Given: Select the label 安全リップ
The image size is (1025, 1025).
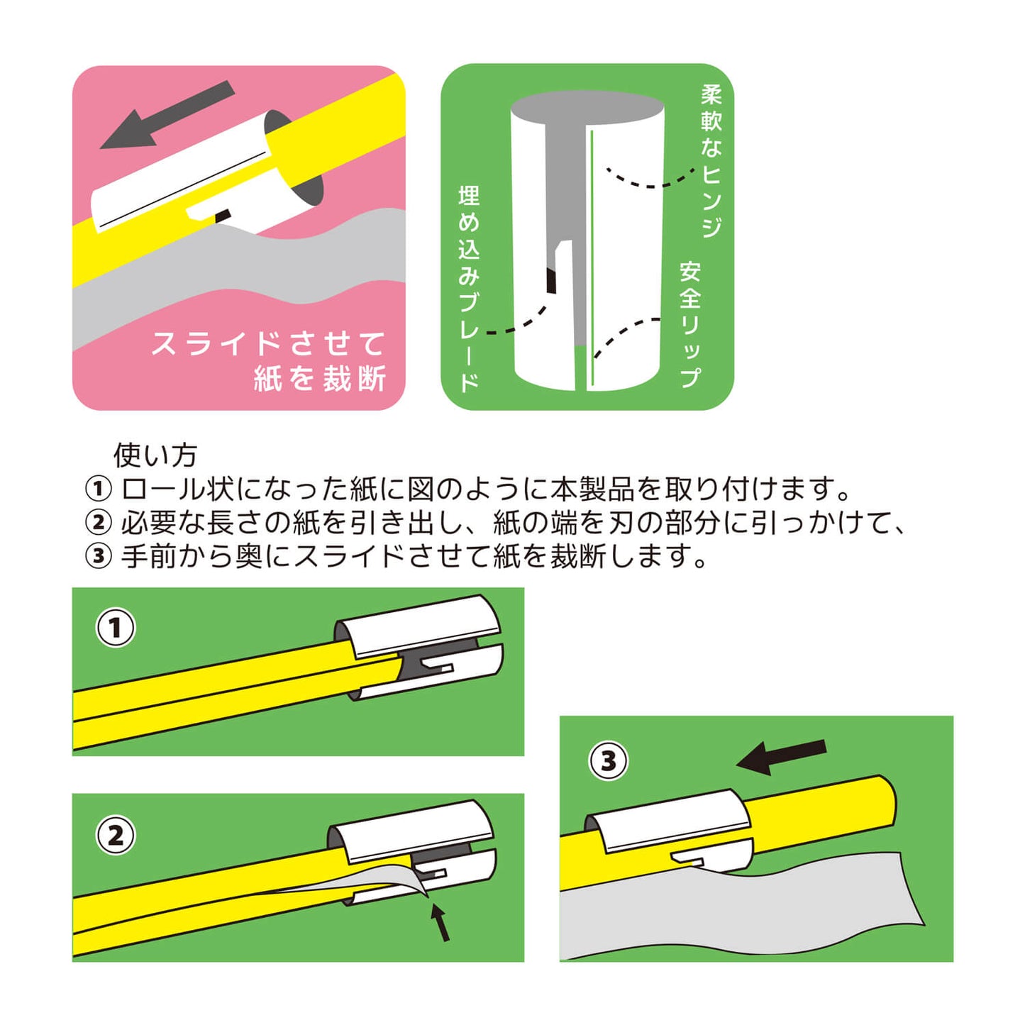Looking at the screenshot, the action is coord(690,324).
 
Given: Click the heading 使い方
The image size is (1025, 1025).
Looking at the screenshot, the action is coord(155,455).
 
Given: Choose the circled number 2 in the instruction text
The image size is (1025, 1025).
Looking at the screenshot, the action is coord(99,523).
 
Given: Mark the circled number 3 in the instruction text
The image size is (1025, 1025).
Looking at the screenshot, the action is coord(99,557).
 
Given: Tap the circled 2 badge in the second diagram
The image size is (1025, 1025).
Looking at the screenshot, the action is coord(116,836).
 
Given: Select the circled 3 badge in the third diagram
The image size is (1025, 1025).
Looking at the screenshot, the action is coord(609,762).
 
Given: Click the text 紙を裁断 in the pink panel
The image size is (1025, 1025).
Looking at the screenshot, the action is coord(320,379).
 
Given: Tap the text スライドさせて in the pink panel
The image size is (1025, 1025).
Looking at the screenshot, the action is coord(269,343).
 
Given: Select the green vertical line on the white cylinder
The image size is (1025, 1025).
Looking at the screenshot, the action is coord(591,260).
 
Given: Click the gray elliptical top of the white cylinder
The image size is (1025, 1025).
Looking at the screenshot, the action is coord(588,107).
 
